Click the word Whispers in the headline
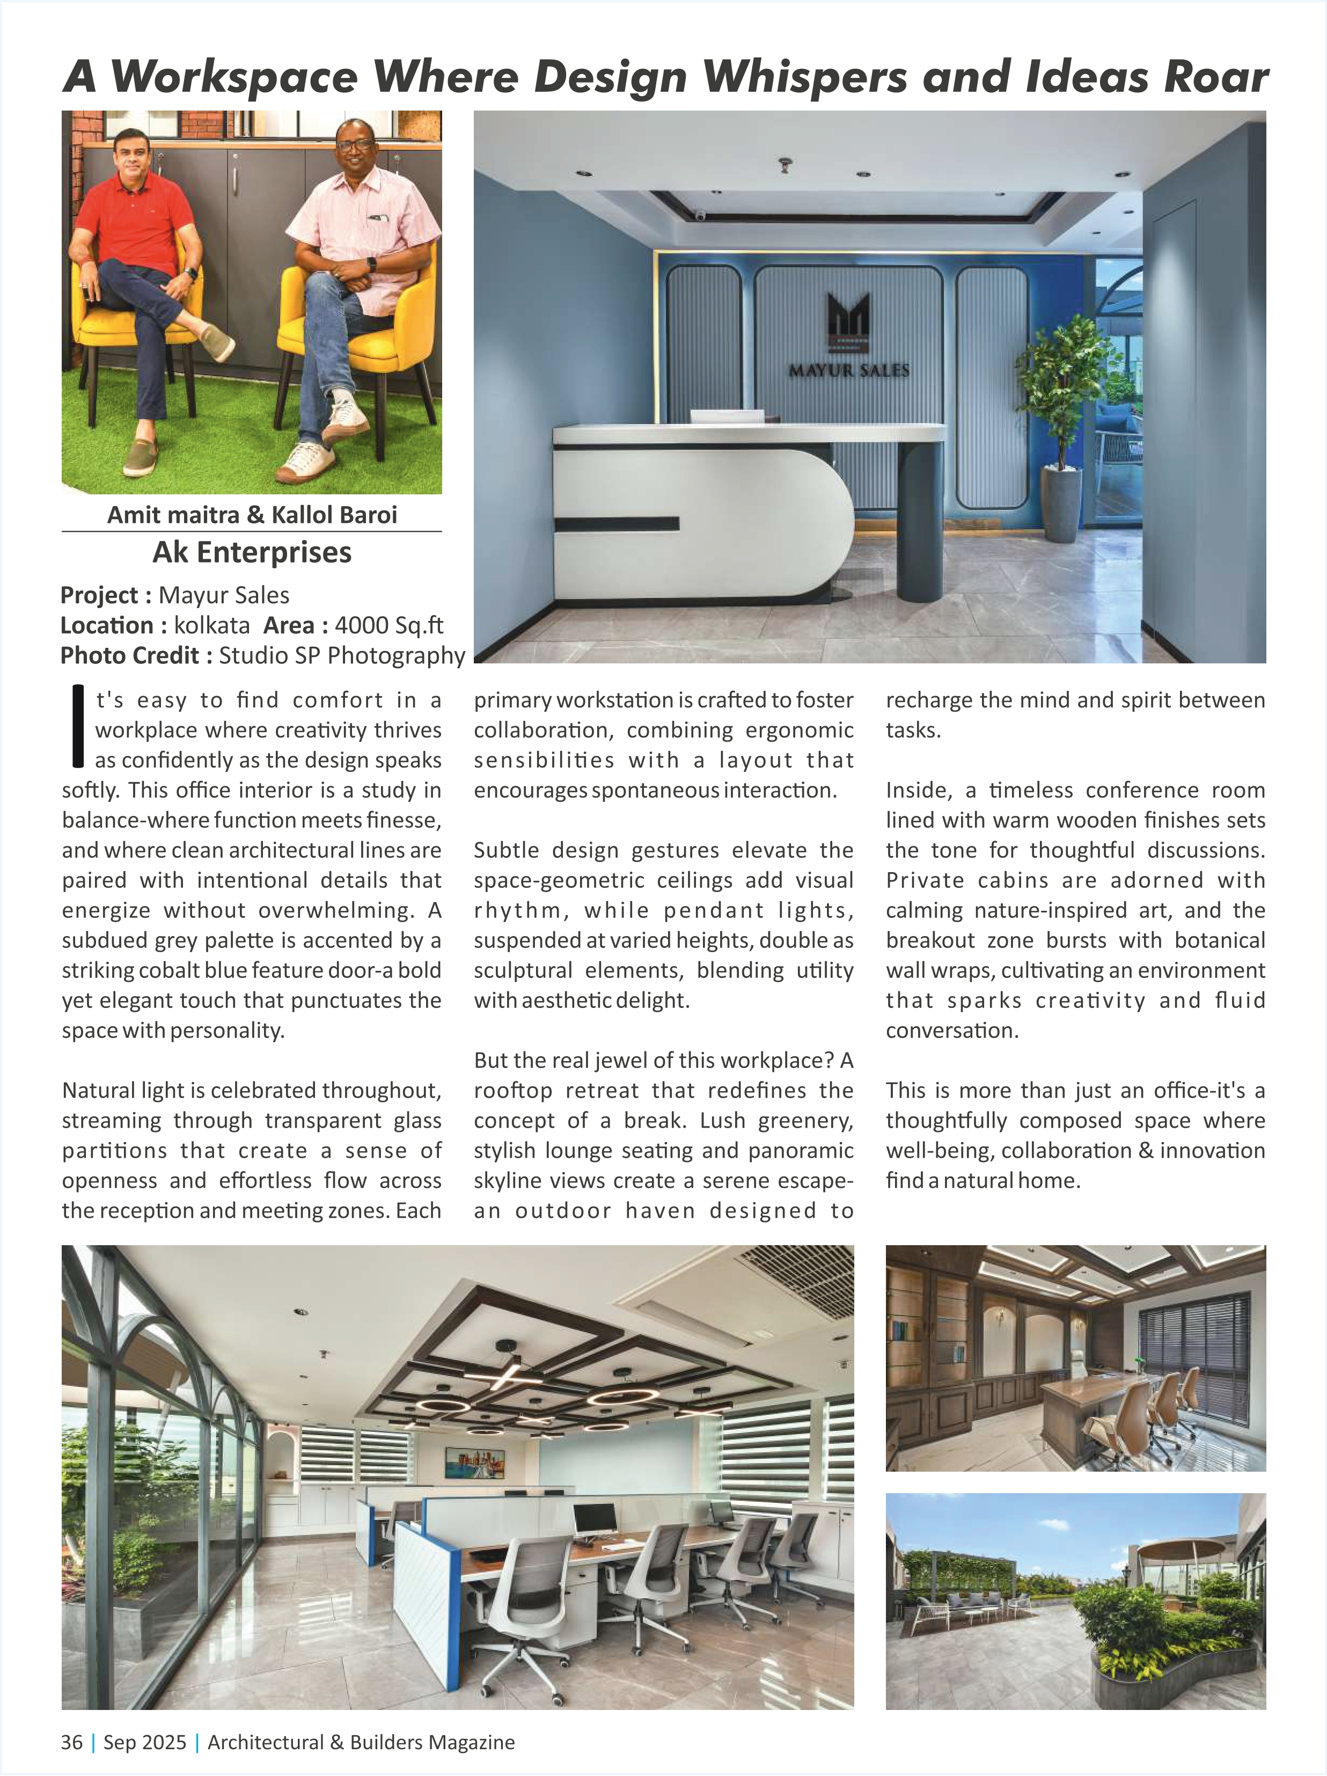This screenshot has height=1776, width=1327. point(806,78)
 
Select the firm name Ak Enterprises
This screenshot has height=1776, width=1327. point(252,552)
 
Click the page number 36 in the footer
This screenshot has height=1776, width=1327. point(71,1742)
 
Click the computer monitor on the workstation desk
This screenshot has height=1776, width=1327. point(595,1519)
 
